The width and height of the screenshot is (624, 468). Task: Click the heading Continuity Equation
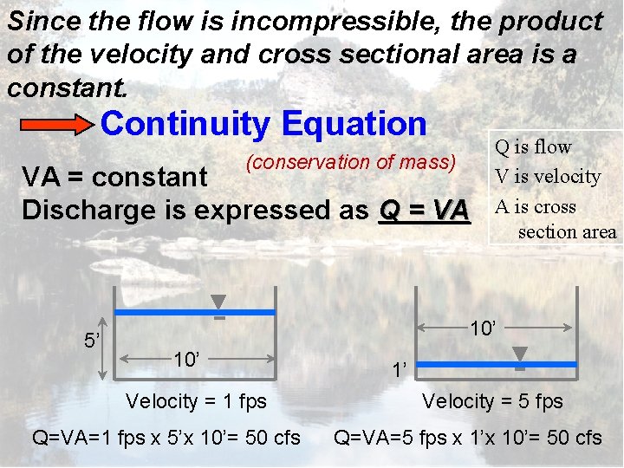(x=263, y=124)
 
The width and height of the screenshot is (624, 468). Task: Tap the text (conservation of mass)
(x=351, y=161)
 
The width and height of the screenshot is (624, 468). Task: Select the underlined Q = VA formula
(x=424, y=210)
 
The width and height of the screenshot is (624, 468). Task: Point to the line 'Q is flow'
(x=533, y=146)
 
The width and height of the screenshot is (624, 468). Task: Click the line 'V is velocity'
(x=547, y=176)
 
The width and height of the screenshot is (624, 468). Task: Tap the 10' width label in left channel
(x=188, y=359)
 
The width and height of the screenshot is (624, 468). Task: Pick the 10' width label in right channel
(x=483, y=328)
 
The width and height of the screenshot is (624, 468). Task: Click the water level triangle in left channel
(x=219, y=302)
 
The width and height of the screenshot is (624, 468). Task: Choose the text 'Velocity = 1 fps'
(x=196, y=401)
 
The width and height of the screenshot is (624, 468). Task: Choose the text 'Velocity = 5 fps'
(x=492, y=401)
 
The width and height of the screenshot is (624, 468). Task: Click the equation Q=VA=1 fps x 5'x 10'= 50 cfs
(x=166, y=438)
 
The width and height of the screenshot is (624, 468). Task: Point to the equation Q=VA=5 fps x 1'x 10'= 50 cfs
(x=468, y=438)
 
